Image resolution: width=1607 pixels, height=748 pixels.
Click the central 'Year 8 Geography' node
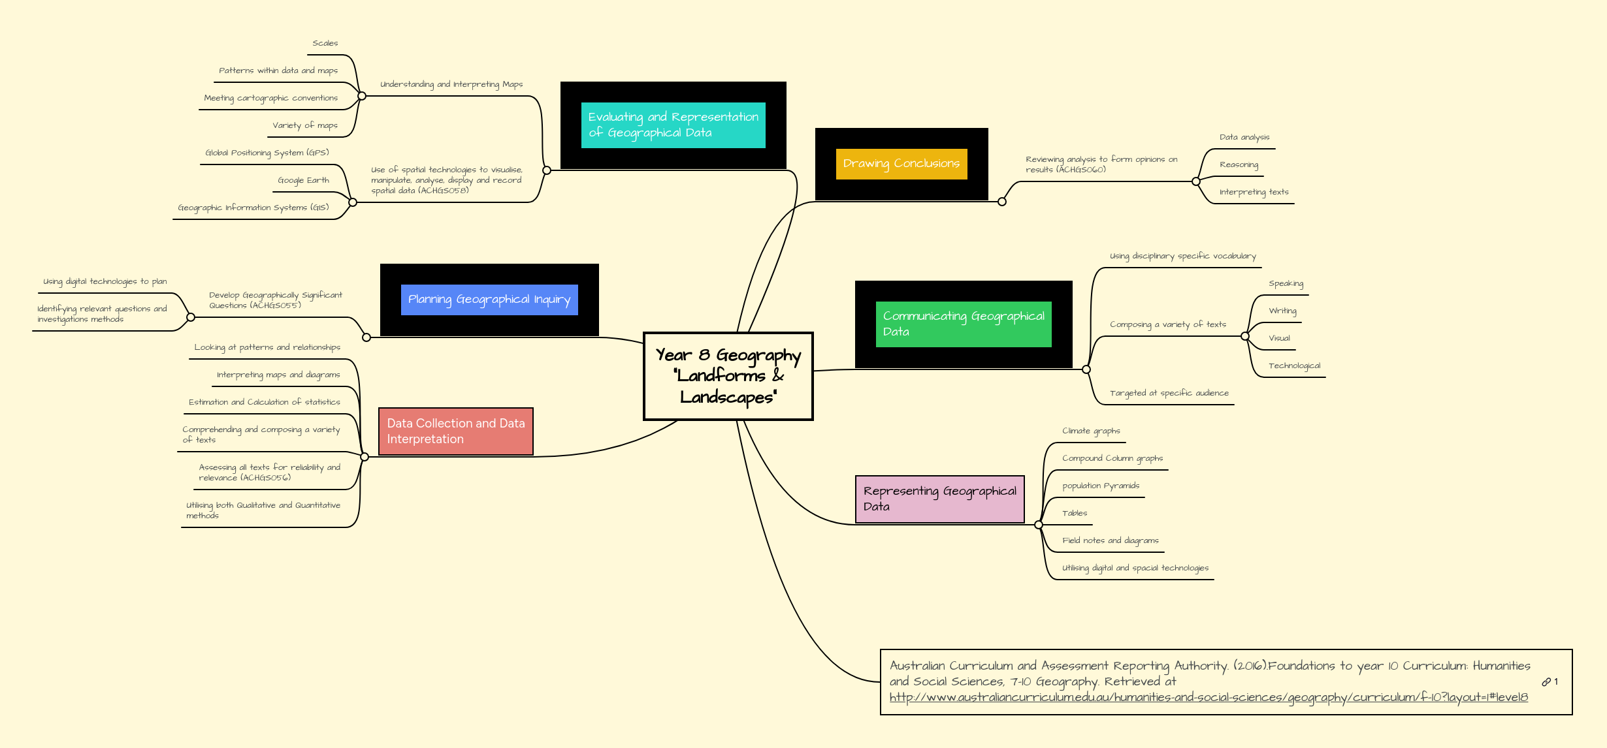click(x=728, y=376)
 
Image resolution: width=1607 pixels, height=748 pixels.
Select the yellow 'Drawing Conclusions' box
click(x=901, y=164)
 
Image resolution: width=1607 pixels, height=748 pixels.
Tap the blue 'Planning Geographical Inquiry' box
click(x=489, y=300)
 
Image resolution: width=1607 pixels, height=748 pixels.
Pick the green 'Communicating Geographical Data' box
click(x=963, y=324)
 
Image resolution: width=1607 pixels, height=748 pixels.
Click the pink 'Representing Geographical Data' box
click(x=939, y=499)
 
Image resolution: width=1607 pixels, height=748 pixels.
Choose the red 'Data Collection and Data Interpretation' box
click(x=455, y=431)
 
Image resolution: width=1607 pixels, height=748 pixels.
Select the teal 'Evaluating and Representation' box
click(x=673, y=125)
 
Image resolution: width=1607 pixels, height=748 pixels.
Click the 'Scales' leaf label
click(x=325, y=43)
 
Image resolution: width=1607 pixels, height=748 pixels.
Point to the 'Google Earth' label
click(x=303, y=180)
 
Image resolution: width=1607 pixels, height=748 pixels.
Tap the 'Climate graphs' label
click(x=1091, y=431)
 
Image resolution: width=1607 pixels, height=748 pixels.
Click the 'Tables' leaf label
click(x=1075, y=513)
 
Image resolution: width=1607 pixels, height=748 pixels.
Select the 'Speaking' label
click(x=1286, y=283)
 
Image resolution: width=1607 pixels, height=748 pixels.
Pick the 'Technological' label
click(x=1294, y=366)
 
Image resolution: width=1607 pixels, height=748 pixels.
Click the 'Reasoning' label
click(x=1239, y=164)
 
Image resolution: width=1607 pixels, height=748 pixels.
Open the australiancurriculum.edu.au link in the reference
click(x=1209, y=697)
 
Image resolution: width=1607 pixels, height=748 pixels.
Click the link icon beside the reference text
click(x=1546, y=682)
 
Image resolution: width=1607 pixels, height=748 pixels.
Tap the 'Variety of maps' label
click(x=304, y=125)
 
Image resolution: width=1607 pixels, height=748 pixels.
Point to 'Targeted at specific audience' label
click(x=1169, y=393)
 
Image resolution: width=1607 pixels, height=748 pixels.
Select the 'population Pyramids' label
click(x=1101, y=486)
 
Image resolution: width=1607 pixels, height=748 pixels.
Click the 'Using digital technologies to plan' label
click(x=105, y=281)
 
